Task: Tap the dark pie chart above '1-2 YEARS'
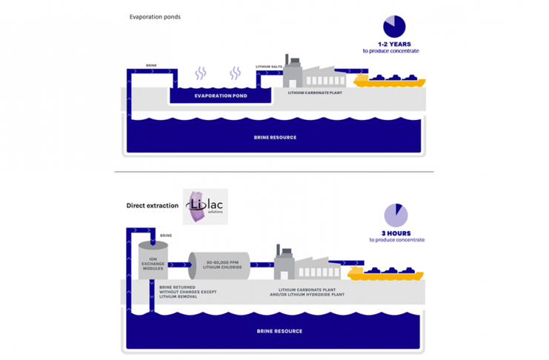tap(394, 27)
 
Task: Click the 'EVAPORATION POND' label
tap(221, 96)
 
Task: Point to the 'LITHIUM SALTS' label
tap(268, 67)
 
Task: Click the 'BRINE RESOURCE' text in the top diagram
tap(274, 137)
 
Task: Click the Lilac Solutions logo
tap(205, 207)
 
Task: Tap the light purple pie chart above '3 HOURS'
tap(396, 215)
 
